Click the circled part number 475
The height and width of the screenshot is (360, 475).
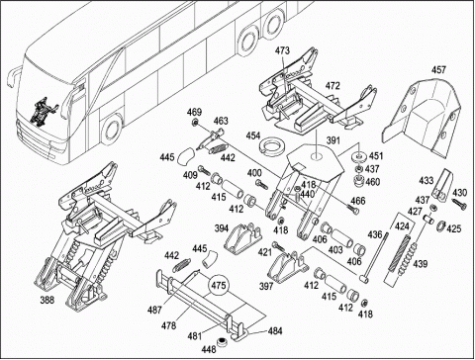219,285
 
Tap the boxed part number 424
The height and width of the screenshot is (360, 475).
402,226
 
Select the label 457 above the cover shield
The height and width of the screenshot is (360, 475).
438,70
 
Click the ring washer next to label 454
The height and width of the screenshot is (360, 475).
271,145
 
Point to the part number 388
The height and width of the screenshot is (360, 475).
47,300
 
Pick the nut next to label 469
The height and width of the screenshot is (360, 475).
195,123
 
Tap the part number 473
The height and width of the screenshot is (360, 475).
283,50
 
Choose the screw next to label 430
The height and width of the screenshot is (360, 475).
459,204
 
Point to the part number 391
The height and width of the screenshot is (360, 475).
333,140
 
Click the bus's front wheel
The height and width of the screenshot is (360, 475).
112,130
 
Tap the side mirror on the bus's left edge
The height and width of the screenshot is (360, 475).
13,76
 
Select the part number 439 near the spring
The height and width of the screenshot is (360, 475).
420,264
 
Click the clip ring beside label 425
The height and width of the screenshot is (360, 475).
440,225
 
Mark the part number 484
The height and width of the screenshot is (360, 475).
274,330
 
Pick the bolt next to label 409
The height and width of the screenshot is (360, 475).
205,171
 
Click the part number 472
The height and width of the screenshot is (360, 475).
332,86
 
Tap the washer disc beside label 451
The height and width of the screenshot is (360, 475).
359,156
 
